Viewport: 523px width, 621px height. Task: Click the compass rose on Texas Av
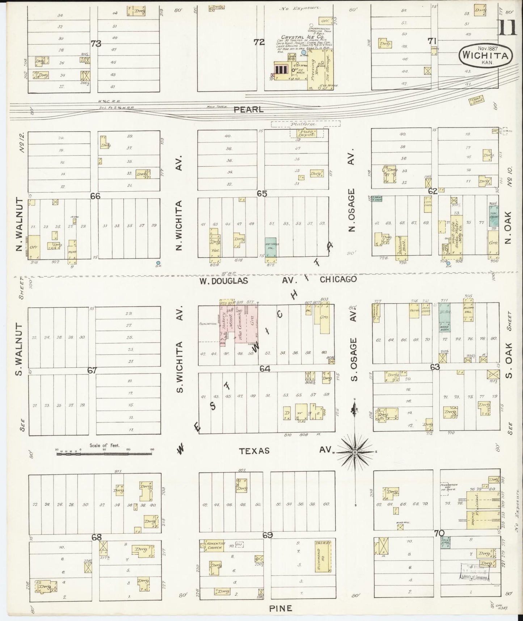point(355,452)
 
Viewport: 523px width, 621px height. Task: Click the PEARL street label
point(248,109)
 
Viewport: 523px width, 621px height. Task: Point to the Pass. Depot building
point(306,133)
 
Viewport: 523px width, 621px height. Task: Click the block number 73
point(96,44)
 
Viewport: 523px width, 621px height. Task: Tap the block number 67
point(92,370)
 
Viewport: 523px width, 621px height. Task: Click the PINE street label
point(281,608)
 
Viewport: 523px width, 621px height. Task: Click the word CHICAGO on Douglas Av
point(338,279)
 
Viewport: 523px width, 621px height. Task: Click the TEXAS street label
point(254,451)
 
